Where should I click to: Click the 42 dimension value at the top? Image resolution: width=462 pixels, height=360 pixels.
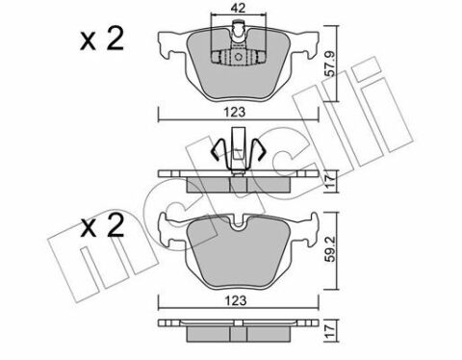238,8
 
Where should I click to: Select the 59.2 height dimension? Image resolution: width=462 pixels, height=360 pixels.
330,248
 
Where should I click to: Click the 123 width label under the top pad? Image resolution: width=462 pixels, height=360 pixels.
235,112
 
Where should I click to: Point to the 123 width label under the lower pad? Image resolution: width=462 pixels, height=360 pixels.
236,300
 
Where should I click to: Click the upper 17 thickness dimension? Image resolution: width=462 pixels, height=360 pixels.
331,181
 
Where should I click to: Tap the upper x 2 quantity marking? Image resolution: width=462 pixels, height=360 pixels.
102,39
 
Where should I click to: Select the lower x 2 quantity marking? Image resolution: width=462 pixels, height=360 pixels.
102,225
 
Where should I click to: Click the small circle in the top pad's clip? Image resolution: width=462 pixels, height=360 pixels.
239,57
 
